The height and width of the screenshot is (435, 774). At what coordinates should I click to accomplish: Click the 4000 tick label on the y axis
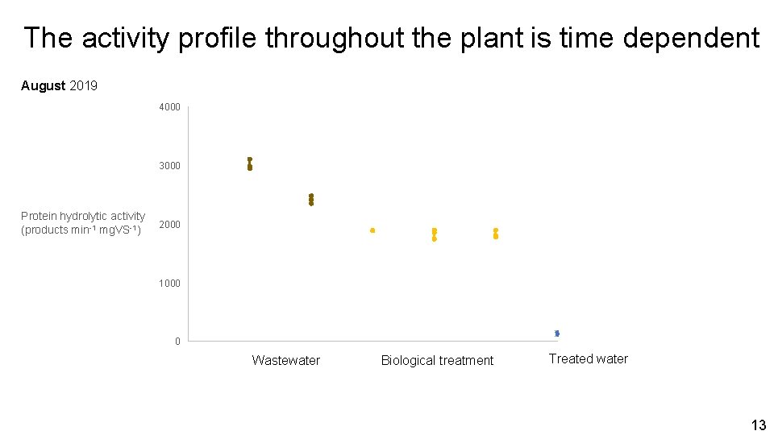pos(169,107)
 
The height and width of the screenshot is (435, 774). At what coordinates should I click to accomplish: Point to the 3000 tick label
pos(169,166)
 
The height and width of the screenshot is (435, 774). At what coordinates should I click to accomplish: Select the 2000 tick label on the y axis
pos(169,225)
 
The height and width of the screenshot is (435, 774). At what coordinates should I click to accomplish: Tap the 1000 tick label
pos(169,284)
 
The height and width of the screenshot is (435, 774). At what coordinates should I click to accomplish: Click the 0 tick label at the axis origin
pos(177,342)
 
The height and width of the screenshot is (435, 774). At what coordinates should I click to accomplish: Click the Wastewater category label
pos(285,361)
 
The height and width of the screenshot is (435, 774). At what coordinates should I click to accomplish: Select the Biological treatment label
pos(437,361)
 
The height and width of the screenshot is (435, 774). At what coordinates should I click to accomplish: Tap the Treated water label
pos(588,359)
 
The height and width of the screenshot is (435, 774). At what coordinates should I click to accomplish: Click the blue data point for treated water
pos(557,333)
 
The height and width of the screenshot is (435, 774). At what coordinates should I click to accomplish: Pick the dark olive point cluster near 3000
pos(250,164)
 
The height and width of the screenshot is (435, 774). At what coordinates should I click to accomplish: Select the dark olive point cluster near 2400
pos(311,199)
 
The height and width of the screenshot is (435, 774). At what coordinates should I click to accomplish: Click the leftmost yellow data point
pos(372,230)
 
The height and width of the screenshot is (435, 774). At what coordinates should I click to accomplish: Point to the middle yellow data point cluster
pos(434,234)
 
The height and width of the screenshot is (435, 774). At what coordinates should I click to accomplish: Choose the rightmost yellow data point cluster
pos(496,234)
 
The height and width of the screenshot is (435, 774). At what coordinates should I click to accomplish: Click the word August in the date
pos(44,85)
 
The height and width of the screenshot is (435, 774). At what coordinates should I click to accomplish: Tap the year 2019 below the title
pos(84,85)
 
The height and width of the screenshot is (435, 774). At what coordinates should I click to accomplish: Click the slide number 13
pos(758,425)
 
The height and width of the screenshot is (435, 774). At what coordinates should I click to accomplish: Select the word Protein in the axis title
pos(40,216)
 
